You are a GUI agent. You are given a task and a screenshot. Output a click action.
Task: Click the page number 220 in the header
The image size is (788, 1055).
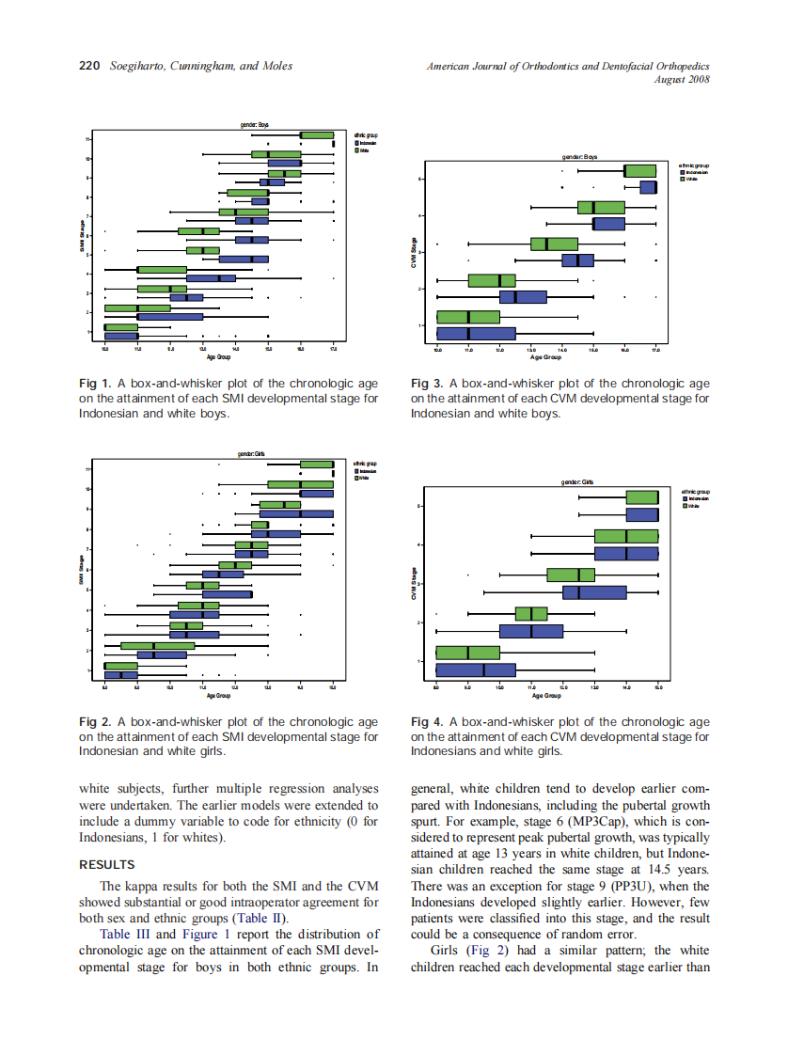pyautogui.click(x=89, y=66)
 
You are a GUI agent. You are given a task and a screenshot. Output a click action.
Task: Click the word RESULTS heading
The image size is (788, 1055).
pyautogui.click(x=107, y=864)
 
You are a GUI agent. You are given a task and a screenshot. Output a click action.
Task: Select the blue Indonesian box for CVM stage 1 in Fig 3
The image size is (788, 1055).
pyautogui.click(x=476, y=333)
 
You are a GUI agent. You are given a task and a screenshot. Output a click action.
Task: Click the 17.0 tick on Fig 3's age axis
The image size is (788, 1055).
pyautogui.click(x=655, y=349)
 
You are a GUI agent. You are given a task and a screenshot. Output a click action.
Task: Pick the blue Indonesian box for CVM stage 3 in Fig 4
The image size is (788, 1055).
pyautogui.click(x=594, y=592)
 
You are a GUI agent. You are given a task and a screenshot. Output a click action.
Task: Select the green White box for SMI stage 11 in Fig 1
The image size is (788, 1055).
pyautogui.click(x=317, y=135)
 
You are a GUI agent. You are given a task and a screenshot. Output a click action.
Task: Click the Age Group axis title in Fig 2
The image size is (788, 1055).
pyautogui.click(x=219, y=696)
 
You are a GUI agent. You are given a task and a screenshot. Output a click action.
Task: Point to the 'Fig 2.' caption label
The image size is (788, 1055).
pyautogui.click(x=95, y=722)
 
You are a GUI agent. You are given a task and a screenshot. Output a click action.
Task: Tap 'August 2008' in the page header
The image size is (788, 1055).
pyautogui.click(x=682, y=79)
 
